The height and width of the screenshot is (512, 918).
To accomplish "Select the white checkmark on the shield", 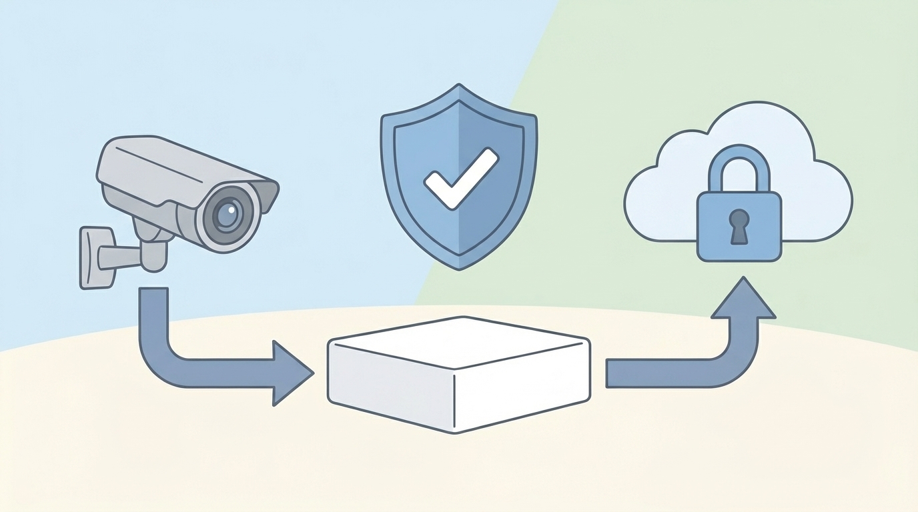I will click(x=460, y=178).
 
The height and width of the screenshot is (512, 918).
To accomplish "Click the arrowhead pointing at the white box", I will click(x=291, y=372).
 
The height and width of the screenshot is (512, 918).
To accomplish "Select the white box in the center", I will click(x=458, y=373).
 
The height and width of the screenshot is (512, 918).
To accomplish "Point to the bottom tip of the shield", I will click(x=459, y=268).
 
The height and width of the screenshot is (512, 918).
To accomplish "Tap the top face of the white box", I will click(x=458, y=343).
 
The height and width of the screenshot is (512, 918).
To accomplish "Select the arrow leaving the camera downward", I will click(x=153, y=320).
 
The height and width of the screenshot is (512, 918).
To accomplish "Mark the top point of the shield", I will click(x=459, y=86).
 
